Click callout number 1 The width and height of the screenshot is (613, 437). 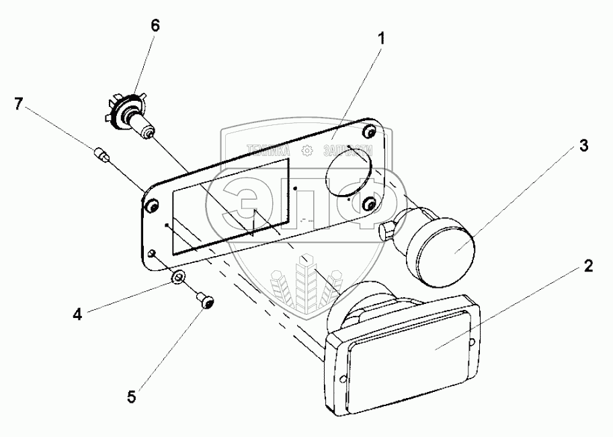380,39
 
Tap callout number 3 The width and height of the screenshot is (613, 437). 583,145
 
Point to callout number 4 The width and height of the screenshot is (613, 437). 78,314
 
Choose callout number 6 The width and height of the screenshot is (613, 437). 155,26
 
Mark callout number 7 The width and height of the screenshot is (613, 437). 19,104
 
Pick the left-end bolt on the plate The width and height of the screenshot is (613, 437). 151,204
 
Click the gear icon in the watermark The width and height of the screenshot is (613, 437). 307,151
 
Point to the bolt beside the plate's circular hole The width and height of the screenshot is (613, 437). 368,203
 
